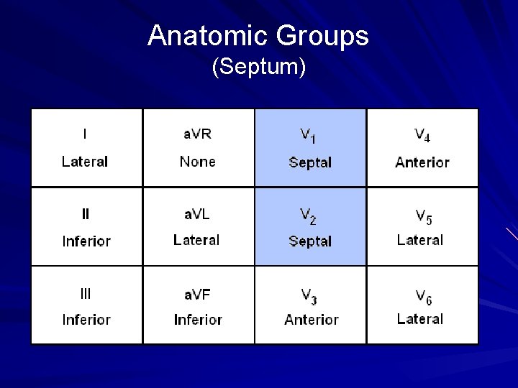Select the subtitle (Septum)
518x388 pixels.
(x=259, y=68)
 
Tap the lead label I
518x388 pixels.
(x=86, y=134)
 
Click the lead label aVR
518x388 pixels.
(x=197, y=134)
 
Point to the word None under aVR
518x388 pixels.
(x=197, y=162)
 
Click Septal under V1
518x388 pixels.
(x=310, y=162)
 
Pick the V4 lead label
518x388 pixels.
(x=422, y=135)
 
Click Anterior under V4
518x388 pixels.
(x=422, y=162)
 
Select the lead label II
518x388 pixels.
(x=86, y=213)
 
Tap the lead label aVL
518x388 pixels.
(x=196, y=213)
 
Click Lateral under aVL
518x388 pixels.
(x=196, y=240)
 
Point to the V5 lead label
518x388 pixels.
(x=422, y=215)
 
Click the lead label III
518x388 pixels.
(x=86, y=293)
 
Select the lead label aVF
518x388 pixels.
(x=197, y=293)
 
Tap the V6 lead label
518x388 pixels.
(x=422, y=295)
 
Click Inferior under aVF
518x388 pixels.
(x=198, y=320)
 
